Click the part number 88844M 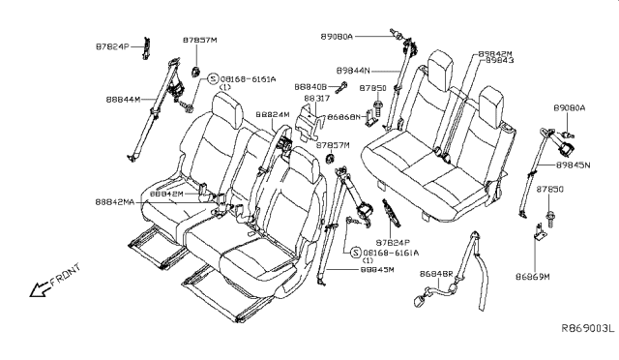pyautogui.click(x=125, y=99)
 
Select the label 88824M pyautogui.click(x=272, y=114)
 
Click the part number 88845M pyautogui.click(x=350, y=270)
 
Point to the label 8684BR pyautogui.click(x=437, y=275)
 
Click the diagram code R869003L pyautogui.click(x=586, y=330)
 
